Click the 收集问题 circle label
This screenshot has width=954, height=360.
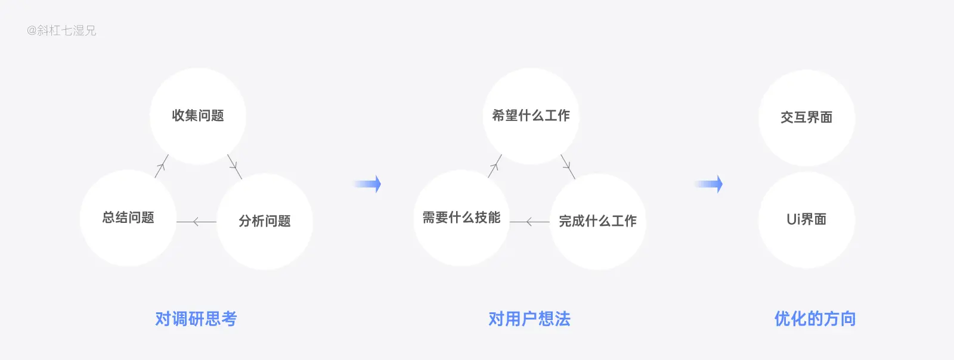198,116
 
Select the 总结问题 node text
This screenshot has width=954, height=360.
128,218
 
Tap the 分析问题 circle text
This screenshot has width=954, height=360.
265,221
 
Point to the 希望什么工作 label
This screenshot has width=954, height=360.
531,116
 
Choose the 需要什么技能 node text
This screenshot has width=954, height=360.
461,218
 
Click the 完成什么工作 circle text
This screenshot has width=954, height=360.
597,221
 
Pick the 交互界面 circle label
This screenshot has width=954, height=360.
806,117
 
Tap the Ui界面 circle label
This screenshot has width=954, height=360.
806,219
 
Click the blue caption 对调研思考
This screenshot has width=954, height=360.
196,319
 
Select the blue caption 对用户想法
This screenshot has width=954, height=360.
529,319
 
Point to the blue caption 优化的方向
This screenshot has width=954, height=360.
815,319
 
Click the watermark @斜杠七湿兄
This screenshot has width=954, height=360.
61,30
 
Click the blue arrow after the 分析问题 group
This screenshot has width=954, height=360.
367,184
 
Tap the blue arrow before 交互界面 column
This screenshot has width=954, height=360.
709,184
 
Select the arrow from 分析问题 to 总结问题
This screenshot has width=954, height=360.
196,222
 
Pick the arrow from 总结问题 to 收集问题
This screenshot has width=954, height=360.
162,166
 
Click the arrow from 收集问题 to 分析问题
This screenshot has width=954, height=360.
235,166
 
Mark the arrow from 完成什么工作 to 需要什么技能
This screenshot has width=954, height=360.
529,222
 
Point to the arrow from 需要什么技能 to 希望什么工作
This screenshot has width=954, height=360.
495,166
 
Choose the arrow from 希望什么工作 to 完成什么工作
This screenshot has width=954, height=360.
568,166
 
